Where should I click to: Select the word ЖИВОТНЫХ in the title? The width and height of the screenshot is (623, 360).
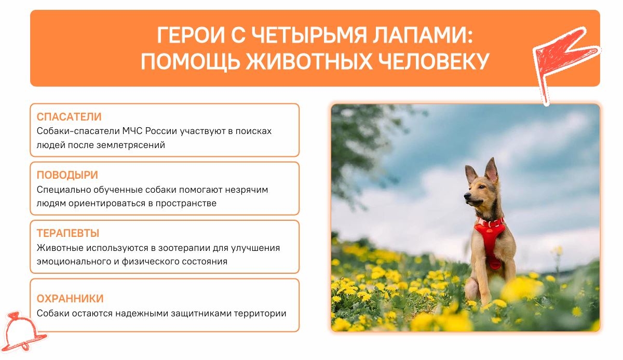click(309, 61)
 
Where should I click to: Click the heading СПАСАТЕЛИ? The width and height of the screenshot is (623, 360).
click(69, 117)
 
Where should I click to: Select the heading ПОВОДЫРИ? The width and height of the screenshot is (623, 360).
click(67, 175)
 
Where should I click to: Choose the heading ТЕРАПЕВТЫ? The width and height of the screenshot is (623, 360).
click(68, 233)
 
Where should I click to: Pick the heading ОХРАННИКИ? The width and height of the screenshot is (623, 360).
click(70, 299)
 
